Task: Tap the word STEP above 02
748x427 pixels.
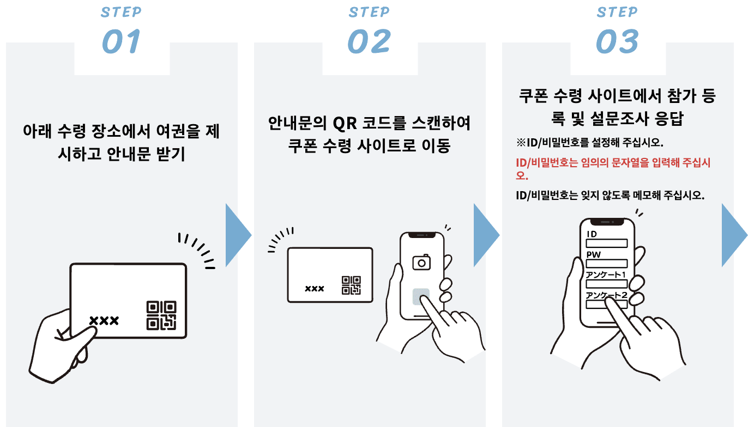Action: [x=369, y=12]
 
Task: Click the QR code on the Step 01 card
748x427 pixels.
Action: [x=161, y=315]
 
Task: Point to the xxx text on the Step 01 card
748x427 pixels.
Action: [x=104, y=320]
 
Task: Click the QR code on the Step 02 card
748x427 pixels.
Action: [x=351, y=285]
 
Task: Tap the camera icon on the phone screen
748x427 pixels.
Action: [x=421, y=262]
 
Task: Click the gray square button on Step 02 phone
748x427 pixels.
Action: [x=420, y=297]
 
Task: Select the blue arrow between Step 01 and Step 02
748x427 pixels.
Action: [x=238, y=235]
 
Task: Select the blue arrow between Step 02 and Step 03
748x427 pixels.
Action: [x=486, y=235]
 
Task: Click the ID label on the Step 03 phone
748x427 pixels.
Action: [x=592, y=234]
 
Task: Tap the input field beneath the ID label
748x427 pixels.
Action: [x=606, y=243]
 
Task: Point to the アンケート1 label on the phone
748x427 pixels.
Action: [x=606, y=275]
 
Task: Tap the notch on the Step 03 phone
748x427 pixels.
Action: [x=606, y=222]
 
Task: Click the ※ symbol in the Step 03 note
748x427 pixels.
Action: [x=520, y=143]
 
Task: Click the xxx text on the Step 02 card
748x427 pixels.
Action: [x=314, y=288]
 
